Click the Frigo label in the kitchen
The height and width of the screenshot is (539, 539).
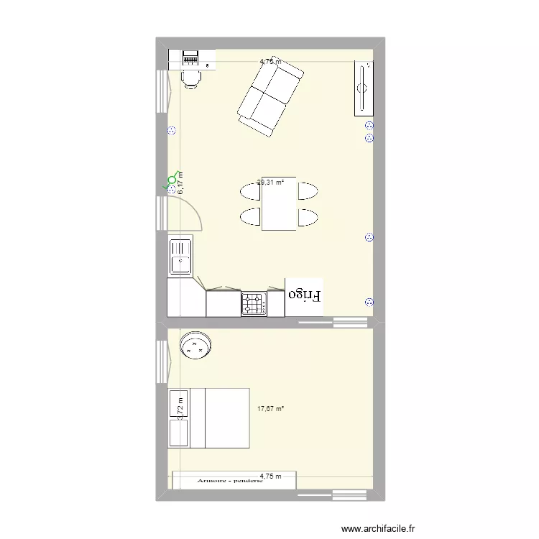point(305,295)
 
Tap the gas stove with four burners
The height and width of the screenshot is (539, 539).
point(253,303)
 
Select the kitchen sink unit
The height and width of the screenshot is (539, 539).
point(180,257)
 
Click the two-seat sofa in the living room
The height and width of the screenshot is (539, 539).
point(269,99)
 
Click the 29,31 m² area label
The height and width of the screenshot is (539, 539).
point(271,183)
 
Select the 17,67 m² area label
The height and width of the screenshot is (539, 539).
point(270,410)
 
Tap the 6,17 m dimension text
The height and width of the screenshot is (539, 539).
point(180,183)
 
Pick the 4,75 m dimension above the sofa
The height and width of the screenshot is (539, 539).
point(271,62)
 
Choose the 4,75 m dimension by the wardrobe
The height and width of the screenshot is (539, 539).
point(271,476)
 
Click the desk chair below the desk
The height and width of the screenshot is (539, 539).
point(190,79)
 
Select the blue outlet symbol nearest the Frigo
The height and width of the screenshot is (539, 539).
point(369,303)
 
